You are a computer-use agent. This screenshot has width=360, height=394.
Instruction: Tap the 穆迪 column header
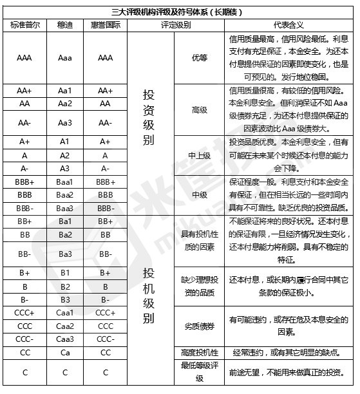pos(64,25)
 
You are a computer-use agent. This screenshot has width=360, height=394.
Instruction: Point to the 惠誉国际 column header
pos(106,25)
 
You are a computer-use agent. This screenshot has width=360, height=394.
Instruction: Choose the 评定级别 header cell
pos(175,25)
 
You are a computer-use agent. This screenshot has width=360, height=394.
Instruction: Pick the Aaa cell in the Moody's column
pos(64,57)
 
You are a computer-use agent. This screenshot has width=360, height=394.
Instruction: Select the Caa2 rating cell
pos(64,326)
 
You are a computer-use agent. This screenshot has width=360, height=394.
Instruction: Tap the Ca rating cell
pos(64,352)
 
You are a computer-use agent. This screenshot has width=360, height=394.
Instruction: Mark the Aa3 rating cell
pos(64,122)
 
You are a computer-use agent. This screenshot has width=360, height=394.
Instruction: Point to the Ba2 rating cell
pos(64,236)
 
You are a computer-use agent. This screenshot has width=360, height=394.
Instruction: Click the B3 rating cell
pos(64,299)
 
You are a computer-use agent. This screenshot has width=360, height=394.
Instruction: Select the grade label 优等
pos(199,57)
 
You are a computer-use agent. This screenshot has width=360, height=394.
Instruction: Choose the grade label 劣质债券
pos(199,326)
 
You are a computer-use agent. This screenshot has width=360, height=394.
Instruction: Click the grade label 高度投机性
pos(199,352)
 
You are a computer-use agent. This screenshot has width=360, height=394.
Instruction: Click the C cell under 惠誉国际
pos(106,372)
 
